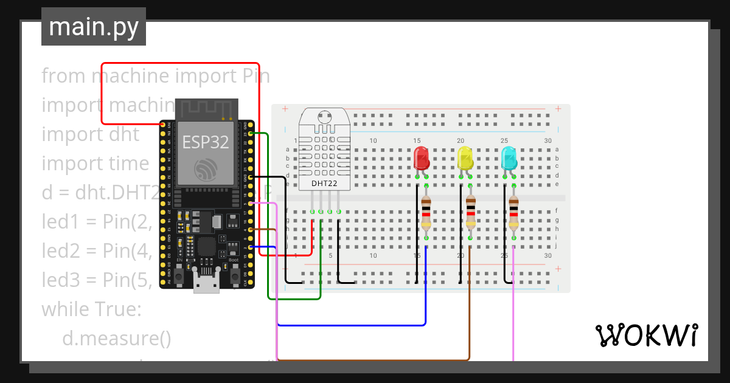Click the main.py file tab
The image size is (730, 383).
point(93,27)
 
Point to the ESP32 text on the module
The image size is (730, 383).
point(206,142)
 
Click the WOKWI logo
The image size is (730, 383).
point(646,335)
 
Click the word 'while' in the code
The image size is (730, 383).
point(64,309)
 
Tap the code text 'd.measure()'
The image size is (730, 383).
point(117,339)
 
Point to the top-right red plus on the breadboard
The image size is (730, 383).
point(558,109)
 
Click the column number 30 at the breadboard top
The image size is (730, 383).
point(548,140)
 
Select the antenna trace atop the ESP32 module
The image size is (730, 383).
point(206,108)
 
